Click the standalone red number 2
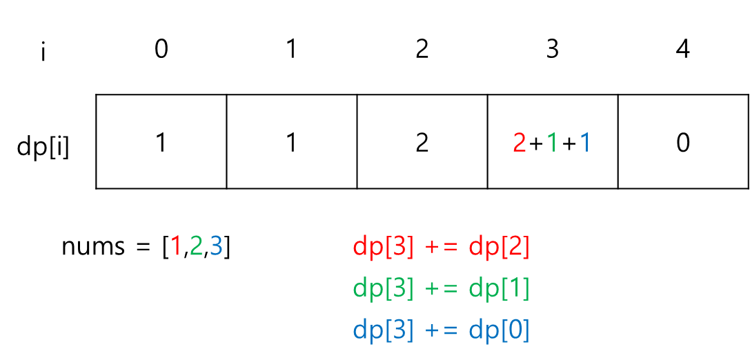click(520, 143)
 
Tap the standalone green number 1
click(551, 143)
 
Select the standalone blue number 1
click(584, 143)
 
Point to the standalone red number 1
click(176, 246)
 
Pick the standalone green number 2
click(196, 246)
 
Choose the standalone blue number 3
click(216, 246)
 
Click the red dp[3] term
click(383, 247)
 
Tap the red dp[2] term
click(499, 247)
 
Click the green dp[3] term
click(383, 288)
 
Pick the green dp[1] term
click(499, 288)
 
